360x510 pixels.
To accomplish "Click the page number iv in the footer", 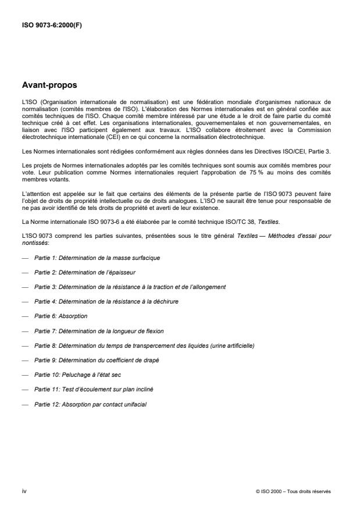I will click(x=24, y=491).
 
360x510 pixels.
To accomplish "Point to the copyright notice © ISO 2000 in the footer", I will click(x=293, y=492).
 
